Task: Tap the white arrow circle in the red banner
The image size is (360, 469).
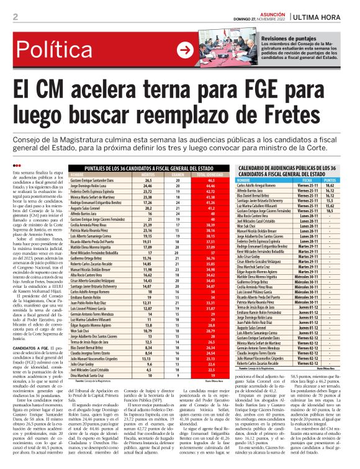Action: coord(184,50)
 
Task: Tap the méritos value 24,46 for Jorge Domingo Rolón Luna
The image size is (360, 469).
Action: coord(148,185)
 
